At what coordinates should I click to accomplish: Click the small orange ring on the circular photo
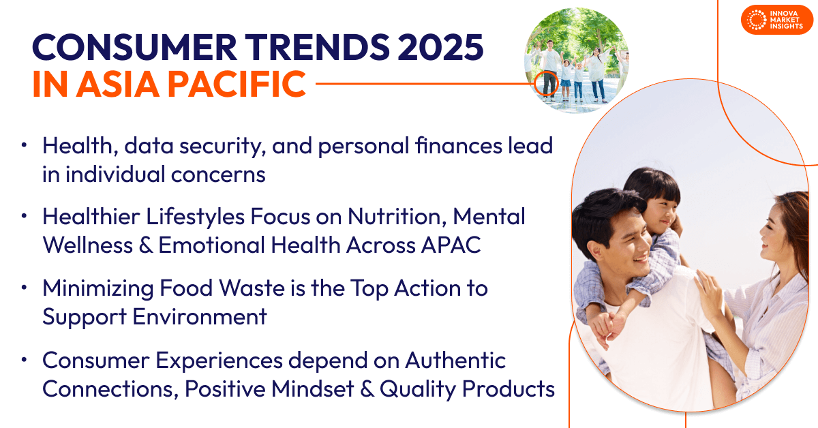546,83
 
